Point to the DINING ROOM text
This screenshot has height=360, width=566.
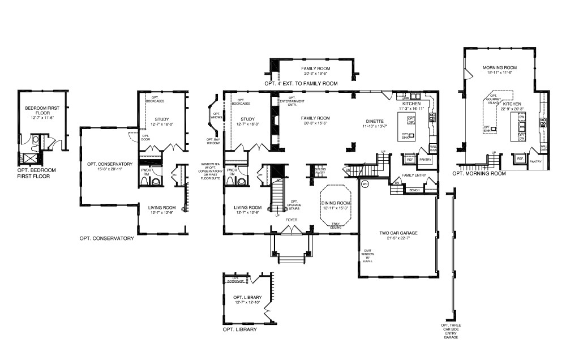point(336,203)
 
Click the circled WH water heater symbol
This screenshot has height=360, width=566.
point(365,183)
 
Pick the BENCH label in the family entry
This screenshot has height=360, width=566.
point(414,190)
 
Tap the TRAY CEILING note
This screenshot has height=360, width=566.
point(336,225)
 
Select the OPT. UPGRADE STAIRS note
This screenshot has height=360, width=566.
point(294,205)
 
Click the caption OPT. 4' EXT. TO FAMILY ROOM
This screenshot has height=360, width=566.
point(301,83)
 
